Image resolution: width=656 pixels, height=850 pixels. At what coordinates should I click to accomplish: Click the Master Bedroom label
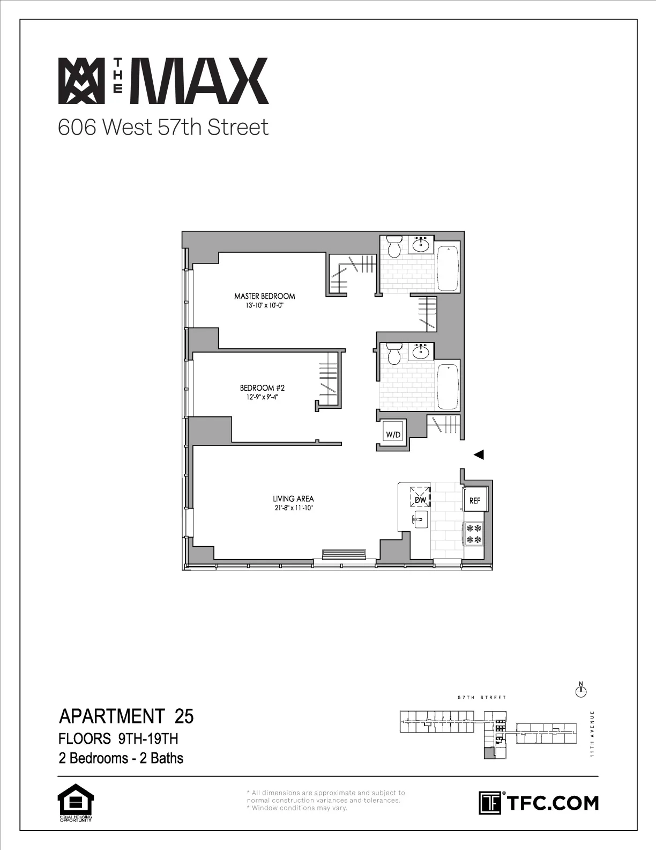click(264, 296)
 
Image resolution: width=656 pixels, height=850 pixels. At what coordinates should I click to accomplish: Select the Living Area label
click(293, 499)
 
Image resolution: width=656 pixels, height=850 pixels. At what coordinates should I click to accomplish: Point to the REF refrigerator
click(475, 501)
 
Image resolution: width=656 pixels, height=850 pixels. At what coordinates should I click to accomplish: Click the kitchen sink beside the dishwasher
click(420, 518)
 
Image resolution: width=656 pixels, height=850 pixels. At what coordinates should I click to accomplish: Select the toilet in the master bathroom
click(394, 247)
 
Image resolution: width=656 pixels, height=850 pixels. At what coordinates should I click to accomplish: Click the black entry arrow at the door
click(479, 455)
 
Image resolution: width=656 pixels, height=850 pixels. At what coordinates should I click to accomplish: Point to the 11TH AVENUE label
click(592, 734)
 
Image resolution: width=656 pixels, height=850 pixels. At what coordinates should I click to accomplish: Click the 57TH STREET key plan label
click(482, 698)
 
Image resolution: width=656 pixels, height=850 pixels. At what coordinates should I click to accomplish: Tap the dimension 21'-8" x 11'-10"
click(293, 507)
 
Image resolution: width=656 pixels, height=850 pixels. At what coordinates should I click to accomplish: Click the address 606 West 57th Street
click(163, 128)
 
